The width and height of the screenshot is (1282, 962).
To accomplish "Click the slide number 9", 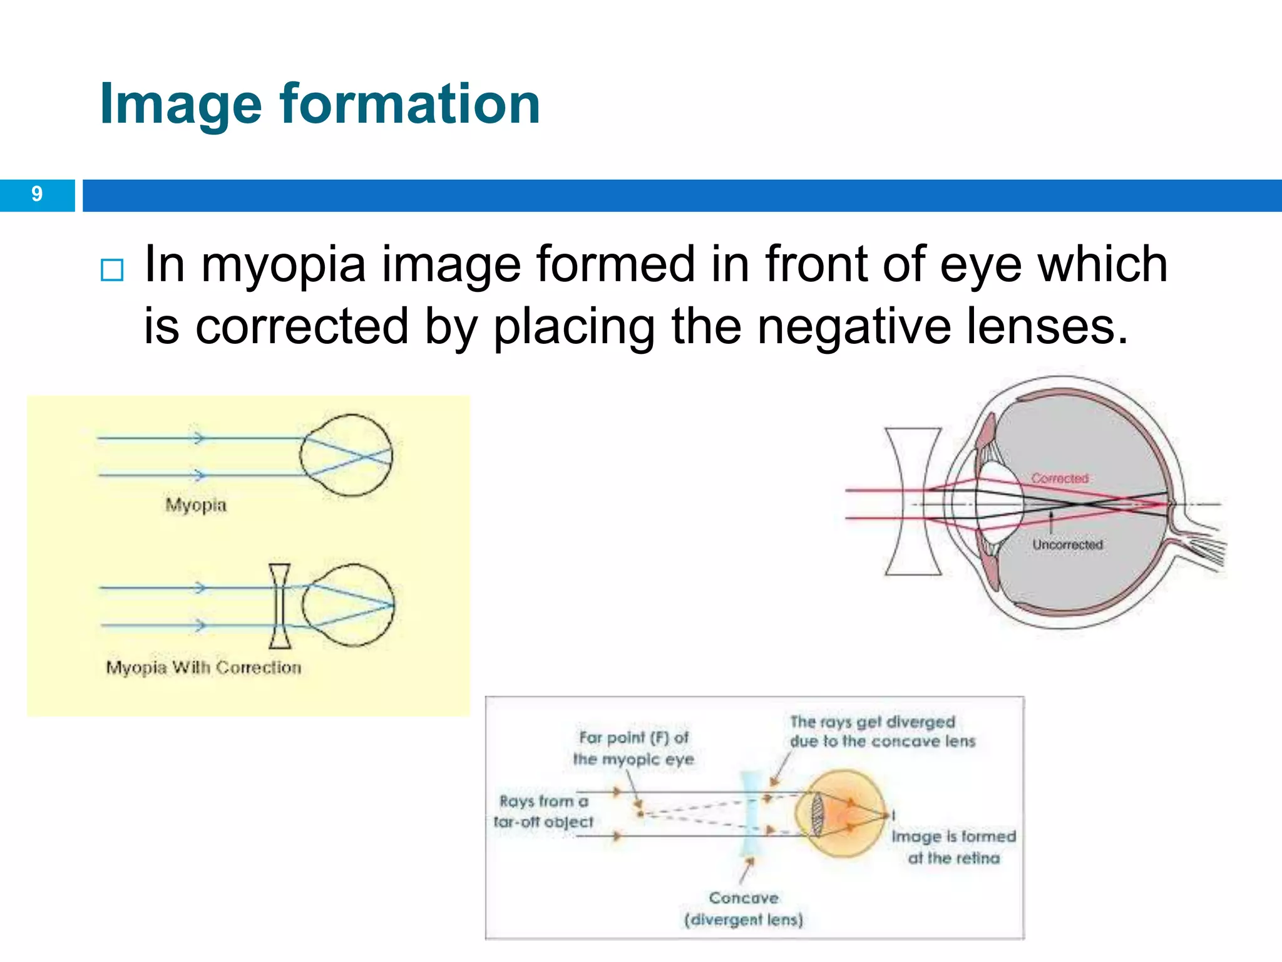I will (37, 194).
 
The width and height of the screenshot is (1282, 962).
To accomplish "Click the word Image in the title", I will (180, 104).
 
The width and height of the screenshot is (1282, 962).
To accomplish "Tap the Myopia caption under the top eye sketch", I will (196, 505).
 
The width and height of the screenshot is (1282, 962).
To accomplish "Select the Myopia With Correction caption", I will (203, 667).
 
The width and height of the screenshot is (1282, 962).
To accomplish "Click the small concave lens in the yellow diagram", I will (280, 606).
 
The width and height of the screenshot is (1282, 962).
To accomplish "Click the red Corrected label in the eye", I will (1060, 478).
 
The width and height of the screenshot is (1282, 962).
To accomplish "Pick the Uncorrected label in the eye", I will (1067, 545).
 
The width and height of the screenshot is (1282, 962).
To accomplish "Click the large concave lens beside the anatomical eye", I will (913, 501).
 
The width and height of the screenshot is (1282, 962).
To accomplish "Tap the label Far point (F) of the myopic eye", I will (633, 748).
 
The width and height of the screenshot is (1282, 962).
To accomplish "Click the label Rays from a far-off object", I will (543, 811).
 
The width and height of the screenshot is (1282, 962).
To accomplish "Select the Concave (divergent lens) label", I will (744, 909).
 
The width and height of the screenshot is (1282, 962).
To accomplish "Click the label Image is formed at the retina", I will (953, 847).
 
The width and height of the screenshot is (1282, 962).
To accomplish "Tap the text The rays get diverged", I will (873, 722).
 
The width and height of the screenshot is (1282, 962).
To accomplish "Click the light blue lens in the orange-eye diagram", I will (751, 814).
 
